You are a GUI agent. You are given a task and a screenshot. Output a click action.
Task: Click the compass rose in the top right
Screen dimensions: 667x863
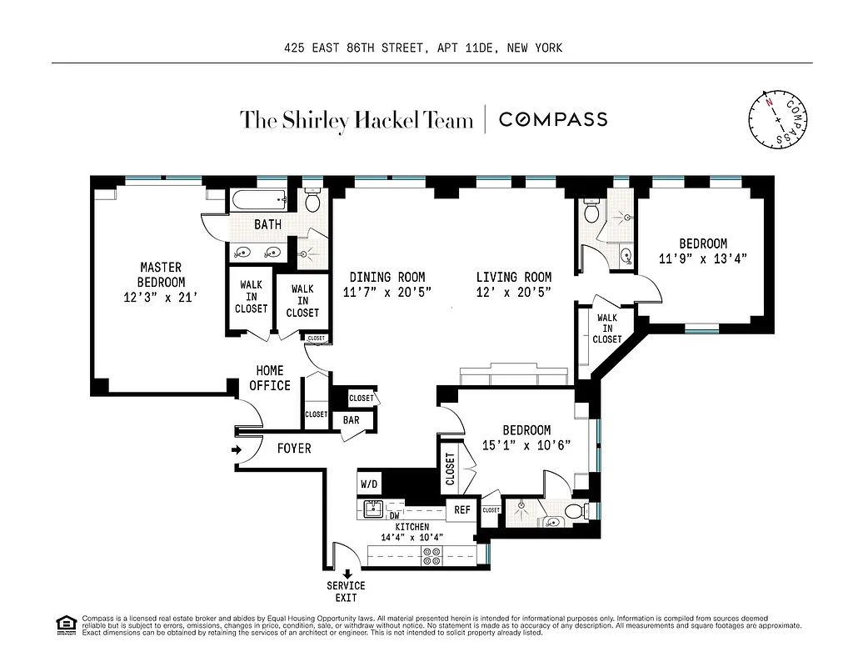[x=778, y=118]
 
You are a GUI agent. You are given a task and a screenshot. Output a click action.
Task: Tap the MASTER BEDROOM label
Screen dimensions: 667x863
[x=161, y=274]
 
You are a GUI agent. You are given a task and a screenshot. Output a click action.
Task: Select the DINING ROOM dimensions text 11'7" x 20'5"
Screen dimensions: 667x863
[x=387, y=292]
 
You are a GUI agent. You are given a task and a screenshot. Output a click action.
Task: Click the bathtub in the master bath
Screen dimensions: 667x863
[x=258, y=200]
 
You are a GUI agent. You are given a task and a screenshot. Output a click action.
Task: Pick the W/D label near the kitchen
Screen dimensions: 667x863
[x=369, y=484]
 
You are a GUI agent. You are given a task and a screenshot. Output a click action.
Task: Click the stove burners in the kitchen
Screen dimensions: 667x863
[x=432, y=556]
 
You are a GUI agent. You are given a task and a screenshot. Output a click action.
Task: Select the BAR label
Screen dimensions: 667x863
[x=352, y=420]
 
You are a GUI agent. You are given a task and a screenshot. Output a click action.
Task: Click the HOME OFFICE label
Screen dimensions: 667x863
[x=270, y=378]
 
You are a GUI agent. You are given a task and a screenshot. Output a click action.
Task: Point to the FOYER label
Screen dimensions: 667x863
[x=293, y=449]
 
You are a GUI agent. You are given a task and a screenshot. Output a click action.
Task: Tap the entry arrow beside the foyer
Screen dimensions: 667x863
[x=237, y=450]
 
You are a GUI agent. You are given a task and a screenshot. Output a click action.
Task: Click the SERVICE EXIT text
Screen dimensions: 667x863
[x=346, y=592]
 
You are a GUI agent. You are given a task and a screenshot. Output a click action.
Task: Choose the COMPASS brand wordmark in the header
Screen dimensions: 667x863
[x=552, y=119]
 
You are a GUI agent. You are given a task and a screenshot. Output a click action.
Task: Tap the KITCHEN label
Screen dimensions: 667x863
[x=412, y=527]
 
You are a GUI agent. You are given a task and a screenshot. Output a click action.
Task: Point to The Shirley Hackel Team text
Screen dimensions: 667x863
[x=357, y=119]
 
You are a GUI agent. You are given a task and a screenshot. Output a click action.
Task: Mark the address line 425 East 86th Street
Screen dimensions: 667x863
[x=423, y=48]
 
